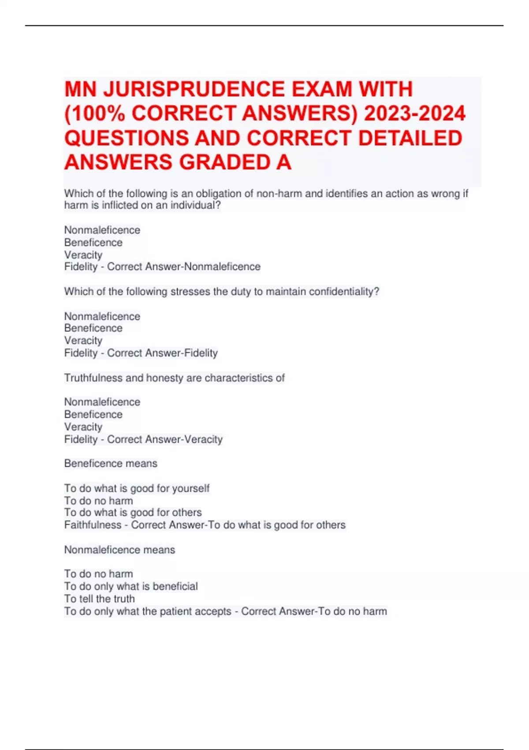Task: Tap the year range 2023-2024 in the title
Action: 414,114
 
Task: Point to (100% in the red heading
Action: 94,114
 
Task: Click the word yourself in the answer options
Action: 191,488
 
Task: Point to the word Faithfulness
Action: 93,525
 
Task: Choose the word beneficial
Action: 175,586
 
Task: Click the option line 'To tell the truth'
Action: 100,599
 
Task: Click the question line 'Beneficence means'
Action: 111,464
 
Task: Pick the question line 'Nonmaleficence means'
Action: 119,550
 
